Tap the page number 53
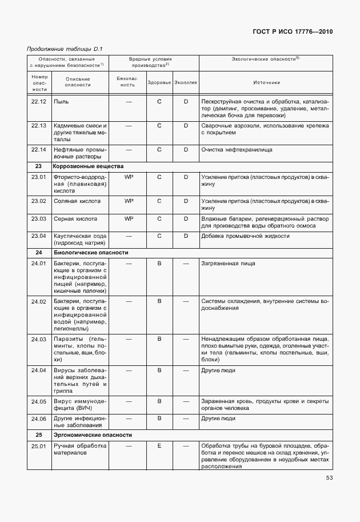pos(329,478)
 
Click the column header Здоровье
pos(159,82)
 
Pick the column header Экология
pos(186,82)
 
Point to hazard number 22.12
pos(39,101)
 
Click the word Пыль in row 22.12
pos(61,101)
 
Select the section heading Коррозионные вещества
pos(87,166)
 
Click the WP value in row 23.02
pos(129,201)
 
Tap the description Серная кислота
pos(75,218)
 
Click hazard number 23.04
pos(39,236)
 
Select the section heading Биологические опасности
pos(90,252)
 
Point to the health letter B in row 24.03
pos(159,339)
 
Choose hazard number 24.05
pos(39,401)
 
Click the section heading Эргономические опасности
pos(93,435)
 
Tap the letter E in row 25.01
pos(159,445)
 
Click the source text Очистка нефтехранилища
pos(237,150)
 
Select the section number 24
pos(39,252)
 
